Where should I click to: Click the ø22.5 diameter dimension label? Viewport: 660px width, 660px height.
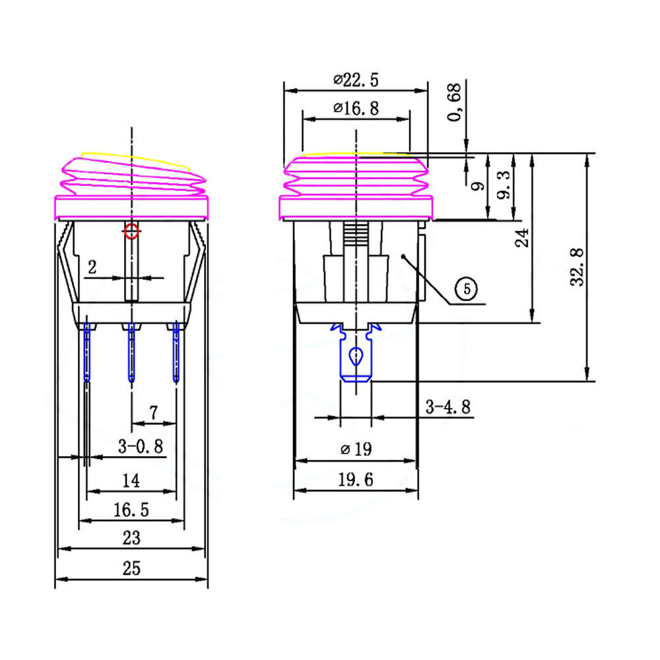[356, 80]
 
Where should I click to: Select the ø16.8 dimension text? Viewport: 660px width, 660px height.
[356, 108]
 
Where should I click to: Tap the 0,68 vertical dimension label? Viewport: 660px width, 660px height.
[454, 102]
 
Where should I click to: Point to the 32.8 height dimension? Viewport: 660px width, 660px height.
[577, 267]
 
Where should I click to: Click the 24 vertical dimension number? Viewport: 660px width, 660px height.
[522, 238]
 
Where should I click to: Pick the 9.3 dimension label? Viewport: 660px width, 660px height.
[504, 185]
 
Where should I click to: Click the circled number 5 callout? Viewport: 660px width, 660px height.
[467, 289]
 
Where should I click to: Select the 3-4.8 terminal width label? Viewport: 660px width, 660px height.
[448, 407]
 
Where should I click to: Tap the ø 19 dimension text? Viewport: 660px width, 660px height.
[356, 449]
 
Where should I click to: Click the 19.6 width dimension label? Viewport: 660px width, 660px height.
[356, 479]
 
